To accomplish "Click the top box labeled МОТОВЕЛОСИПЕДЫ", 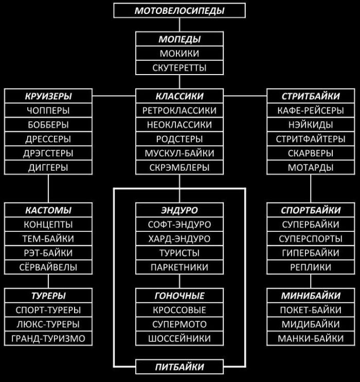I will [179, 10].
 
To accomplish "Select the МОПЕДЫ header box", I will [179, 39].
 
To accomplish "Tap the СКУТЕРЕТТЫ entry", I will [179, 67].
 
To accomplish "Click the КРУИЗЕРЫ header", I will [48, 96].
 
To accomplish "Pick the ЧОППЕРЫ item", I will [48, 111].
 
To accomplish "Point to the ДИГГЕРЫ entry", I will [48, 168].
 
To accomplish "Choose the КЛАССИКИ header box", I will [179, 96].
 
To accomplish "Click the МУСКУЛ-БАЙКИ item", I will [179, 153].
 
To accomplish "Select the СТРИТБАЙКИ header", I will [311, 96].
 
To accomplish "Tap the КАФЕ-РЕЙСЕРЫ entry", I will [311, 111].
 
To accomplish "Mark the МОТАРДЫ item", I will [311, 168].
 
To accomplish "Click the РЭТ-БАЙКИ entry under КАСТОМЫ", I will [48, 253].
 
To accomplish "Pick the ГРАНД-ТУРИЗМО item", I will [48, 339].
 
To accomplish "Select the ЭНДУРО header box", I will [179, 210].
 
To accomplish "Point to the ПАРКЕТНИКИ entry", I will [179, 267].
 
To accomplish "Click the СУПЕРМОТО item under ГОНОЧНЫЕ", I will [179, 324].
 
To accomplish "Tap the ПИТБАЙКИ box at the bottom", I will [179, 367].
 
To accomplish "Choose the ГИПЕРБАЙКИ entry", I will [311, 253].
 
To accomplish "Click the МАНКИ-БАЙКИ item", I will [311, 339].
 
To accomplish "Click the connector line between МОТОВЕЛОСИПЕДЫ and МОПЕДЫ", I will [179, 25].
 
